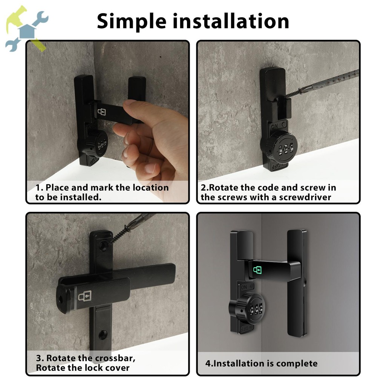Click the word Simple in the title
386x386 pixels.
(132, 21)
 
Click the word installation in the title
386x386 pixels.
(231, 21)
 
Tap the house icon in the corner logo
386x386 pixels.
(27, 31)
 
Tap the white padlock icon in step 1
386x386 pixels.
(102, 112)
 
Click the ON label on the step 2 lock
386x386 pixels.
(274, 126)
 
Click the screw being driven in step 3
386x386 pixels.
(120, 234)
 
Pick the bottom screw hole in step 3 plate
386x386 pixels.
(103, 334)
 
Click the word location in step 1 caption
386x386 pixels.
(151, 188)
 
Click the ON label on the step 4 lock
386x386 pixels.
(244, 287)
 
